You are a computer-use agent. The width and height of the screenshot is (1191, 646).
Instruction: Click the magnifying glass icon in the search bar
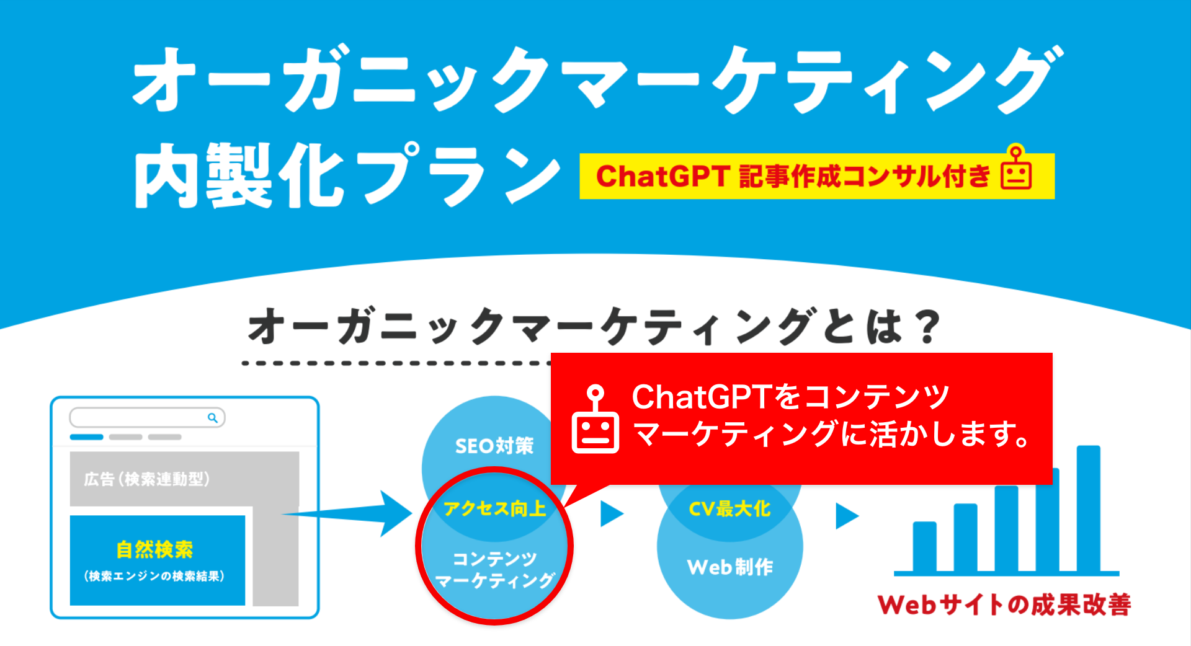pyautogui.click(x=213, y=418)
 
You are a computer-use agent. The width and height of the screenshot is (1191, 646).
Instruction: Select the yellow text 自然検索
pyautogui.click(x=154, y=549)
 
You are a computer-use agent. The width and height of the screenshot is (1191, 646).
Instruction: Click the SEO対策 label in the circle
pyautogui.click(x=494, y=446)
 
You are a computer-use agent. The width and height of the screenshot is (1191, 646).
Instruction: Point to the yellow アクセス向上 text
pyautogui.click(x=494, y=508)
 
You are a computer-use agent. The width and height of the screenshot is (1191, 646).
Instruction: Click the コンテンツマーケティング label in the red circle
pyautogui.click(x=494, y=570)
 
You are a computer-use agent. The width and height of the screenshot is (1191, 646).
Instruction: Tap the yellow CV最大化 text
pyautogui.click(x=729, y=509)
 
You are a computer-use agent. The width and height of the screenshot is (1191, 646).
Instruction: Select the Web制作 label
pyautogui.click(x=729, y=567)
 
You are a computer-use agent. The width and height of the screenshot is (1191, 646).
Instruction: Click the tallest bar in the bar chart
pyautogui.click(x=1088, y=508)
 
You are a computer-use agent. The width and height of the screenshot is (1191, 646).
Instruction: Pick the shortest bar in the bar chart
pyautogui.click(x=924, y=546)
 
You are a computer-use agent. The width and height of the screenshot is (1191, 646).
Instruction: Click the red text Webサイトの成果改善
pyautogui.click(x=1004, y=604)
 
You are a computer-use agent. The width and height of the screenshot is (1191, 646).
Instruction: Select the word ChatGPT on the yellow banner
pyautogui.click(x=662, y=177)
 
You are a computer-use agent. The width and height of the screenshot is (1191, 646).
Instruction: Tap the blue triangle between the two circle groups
pyautogui.click(x=611, y=514)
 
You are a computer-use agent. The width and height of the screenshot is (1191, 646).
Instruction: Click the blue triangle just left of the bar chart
pyautogui.click(x=846, y=515)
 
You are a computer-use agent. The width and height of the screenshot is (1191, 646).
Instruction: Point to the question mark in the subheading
pyautogui.click(x=928, y=327)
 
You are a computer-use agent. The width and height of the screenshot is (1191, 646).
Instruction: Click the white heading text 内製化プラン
pyautogui.click(x=347, y=175)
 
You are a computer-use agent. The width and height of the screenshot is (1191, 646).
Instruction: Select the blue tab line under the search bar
pyautogui.click(x=86, y=437)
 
